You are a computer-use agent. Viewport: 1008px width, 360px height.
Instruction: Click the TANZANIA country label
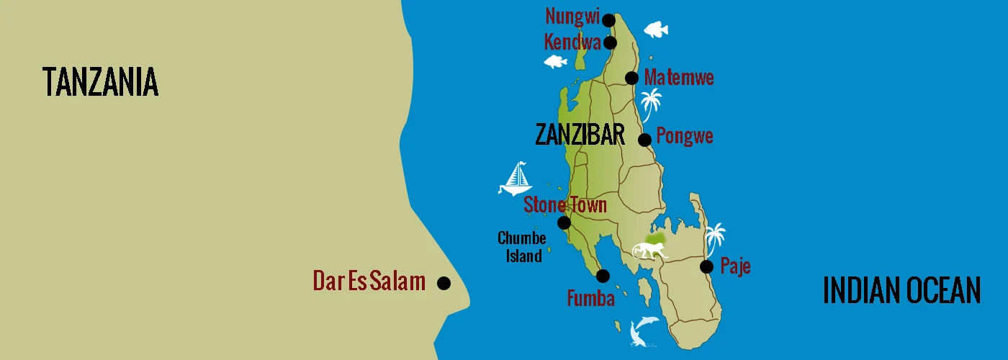pos(100,81)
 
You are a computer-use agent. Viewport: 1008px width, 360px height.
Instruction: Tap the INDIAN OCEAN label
pos(901,291)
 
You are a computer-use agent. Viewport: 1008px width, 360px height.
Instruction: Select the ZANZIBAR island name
pos(580,134)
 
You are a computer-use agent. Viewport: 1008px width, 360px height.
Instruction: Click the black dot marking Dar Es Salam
pos(444,283)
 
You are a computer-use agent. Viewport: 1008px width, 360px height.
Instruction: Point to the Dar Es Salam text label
pos(369,282)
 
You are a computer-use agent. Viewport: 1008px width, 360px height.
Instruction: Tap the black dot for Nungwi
pos(608,19)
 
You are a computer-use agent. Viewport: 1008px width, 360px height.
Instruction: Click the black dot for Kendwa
pos(611,42)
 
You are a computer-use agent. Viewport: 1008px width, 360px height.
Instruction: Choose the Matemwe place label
pos(679,78)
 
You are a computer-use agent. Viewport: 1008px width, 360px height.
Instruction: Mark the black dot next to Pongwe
pos(644,139)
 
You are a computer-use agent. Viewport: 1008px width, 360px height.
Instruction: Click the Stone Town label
pos(565,204)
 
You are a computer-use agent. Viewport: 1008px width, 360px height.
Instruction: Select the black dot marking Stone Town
pos(564,222)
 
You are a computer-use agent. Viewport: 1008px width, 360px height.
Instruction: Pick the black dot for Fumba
pos(603,276)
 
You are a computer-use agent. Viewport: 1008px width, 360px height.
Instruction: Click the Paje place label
pos(735,266)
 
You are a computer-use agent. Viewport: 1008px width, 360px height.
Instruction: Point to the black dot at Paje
pos(707,266)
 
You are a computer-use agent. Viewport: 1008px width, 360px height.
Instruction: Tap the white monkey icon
pos(650,251)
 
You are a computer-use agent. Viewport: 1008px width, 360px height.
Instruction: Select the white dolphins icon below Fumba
pos(642,330)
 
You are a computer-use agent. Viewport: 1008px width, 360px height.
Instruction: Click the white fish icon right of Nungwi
pos(655,30)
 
